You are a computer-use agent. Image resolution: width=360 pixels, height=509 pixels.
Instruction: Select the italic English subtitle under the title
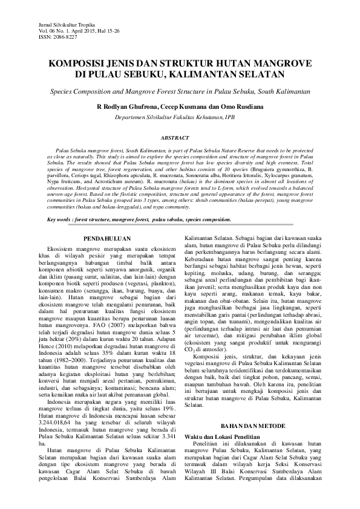(179, 90)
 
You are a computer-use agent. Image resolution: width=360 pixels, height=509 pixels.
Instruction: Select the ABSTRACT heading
(179, 138)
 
